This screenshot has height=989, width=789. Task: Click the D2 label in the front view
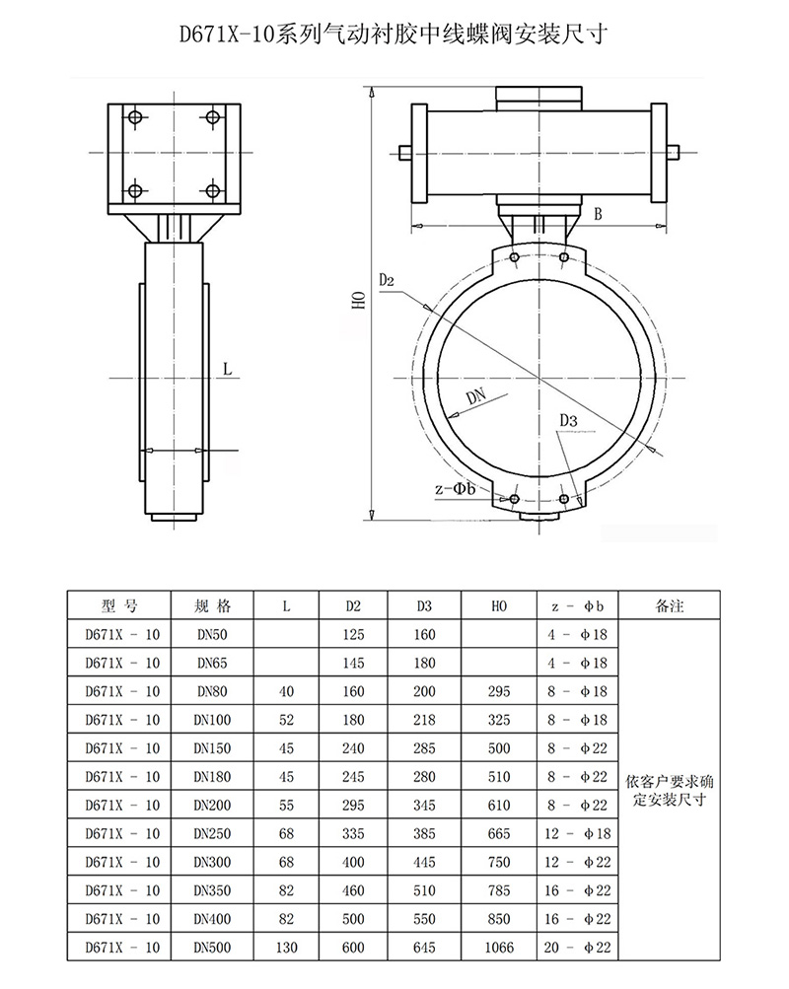(387, 281)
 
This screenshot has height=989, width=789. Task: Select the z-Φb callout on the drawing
(456, 489)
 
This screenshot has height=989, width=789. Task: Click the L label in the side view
(227, 370)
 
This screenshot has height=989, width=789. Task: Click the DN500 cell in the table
(213, 948)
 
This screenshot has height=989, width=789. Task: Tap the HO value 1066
(499, 948)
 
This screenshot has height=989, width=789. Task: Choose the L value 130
(286, 948)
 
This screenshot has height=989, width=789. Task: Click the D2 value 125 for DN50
(354, 635)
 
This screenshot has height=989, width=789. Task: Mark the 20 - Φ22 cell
(579, 948)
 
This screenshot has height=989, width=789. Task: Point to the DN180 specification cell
(213, 777)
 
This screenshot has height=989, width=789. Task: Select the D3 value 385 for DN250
(424, 834)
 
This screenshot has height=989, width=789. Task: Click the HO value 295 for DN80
(499, 692)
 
